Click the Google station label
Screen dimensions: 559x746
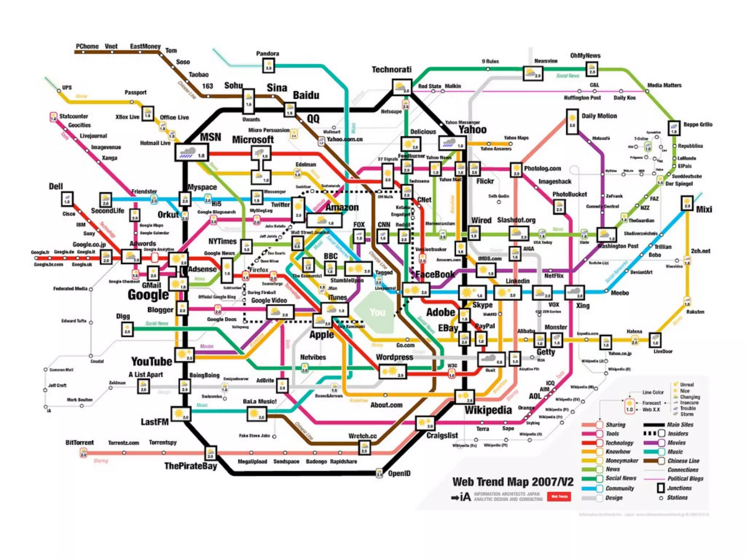[x=148, y=295]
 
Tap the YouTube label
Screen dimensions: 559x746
[x=152, y=361]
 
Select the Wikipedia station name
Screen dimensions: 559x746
[x=488, y=410]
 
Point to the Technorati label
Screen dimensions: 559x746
[x=392, y=70]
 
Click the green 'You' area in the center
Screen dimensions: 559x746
[x=377, y=312]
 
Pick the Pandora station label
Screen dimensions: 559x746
[x=267, y=53]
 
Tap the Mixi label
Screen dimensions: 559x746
[x=704, y=209]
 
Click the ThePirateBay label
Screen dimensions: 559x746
[x=191, y=466]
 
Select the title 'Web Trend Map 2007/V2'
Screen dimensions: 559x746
[x=513, y=482]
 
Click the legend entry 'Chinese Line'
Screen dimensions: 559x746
[x=683, y=461]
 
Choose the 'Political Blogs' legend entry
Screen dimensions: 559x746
[x=685, y=479]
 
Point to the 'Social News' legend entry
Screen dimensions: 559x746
[x=621, y=478]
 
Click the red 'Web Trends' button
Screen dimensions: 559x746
[x=559, y=496]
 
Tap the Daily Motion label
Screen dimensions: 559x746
[x=599, y=116]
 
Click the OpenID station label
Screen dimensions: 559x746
[x=399, y=473]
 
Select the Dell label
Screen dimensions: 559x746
[x=56, y=186]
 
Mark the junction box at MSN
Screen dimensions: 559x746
[x=192, y=152]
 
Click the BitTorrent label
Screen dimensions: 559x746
[x=79, y=443]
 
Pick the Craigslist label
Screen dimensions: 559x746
[x=442, y=435]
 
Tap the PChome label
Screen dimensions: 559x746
[x=87, y=46]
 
